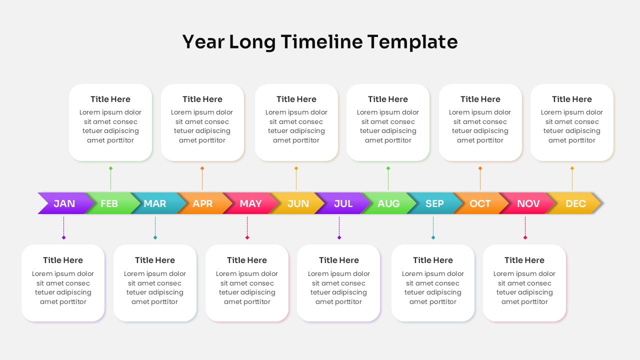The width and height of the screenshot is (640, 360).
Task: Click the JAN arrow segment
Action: (x=64, y=203)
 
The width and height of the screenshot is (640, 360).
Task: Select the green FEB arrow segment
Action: (x=109, y=203)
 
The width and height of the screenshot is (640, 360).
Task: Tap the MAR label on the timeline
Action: (x=155, y=203)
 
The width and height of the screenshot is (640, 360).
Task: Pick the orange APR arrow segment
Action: (x=202, y=203)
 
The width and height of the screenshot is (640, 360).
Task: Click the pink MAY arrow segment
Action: (x=250, y=203)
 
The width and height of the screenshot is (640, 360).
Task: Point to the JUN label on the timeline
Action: (x=298, y=203)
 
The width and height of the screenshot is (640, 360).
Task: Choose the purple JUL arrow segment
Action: (x=343, y=203)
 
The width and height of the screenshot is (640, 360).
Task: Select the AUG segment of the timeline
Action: (x=388, y=203)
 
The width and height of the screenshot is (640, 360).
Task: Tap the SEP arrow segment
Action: (x=434, y=203)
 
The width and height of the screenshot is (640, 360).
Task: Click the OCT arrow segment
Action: (x=480, y=203)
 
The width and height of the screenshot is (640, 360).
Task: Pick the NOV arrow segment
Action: (x=528, y=203)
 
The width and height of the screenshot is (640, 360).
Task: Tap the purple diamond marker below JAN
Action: (x=63, y=237)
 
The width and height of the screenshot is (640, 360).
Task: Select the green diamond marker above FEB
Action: (x=110, y=168)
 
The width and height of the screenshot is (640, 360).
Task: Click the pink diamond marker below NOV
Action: (x=525, y=237)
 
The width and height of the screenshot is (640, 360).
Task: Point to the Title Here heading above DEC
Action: (x=571, y=99)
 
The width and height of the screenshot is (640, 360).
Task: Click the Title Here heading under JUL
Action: (x=338, y=260)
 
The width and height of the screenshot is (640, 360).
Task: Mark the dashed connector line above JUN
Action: (x=296, y=180)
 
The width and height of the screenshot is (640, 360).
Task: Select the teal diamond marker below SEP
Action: (x=433, y=237)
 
